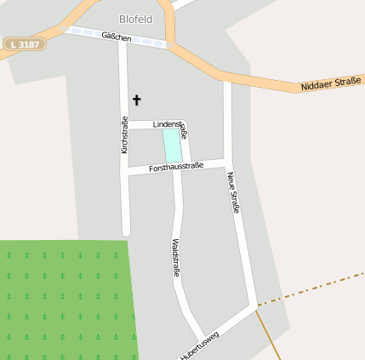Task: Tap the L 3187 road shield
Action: pyautogui.click(x=25, y=43)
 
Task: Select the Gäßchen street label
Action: pyautogui.click(x=117, y=37)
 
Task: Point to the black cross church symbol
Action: pyautogui.click(x=136, y=100)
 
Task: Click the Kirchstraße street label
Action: pyautogui.click(x=124, y=134)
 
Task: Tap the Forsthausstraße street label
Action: pyautogui.click(x=175, y=168)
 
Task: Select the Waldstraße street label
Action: pyautogui.click(x=176, y=257)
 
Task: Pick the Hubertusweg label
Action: pyautogui.click(x=200, y=346)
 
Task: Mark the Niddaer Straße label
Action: pyautogui.click(x=331, y=83)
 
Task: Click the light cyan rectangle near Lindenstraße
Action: pyautogui.click(x=172, y=144)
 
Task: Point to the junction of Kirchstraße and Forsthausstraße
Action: pyautogui.click(x=125, y=171)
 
